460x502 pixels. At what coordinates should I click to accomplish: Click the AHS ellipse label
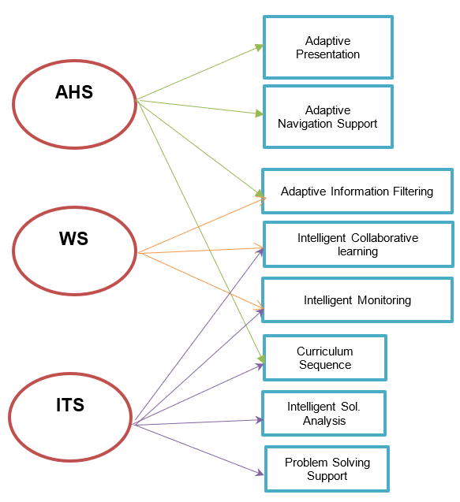pos(74,92)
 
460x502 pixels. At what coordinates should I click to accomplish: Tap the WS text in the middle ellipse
pos(73,239)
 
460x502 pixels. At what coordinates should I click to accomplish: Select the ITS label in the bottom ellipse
pos(70,405)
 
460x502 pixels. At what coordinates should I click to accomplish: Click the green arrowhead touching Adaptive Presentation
pos(259,47)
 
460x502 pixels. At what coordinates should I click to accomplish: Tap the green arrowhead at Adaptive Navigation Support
pos(260,113)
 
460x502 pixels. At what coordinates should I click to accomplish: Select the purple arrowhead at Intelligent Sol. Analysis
pos(260,420)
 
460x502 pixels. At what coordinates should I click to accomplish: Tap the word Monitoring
pos(384,300)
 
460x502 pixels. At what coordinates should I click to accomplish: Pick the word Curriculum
pos(325,351)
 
